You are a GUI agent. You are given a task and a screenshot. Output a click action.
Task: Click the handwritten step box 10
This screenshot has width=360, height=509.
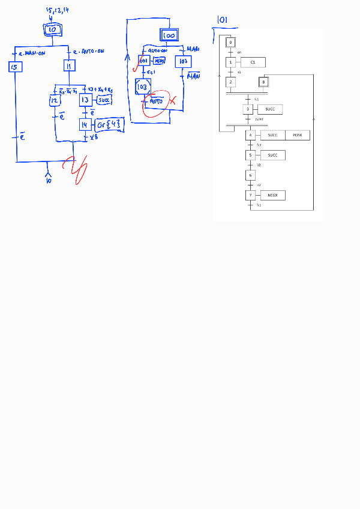(52, 29)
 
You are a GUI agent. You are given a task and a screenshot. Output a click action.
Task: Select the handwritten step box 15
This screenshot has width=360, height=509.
(16, 67)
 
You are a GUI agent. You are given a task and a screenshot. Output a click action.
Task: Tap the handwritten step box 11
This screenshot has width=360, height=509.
(69, 66)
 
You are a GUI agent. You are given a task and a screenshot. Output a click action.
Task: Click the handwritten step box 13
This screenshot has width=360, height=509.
(86, 100)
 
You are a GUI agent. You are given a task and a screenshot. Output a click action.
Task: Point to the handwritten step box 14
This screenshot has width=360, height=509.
(86, 125)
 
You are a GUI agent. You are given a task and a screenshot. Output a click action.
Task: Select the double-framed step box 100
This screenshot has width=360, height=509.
(170, 35)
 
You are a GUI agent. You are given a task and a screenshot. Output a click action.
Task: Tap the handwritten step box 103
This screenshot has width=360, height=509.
(143, 87)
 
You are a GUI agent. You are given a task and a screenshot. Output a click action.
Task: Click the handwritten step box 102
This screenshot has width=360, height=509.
(183, 62)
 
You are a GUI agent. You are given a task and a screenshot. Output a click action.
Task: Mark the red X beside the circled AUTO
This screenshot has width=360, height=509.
(172, 100)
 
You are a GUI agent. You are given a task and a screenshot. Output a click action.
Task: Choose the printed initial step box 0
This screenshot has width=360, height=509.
(230, 43)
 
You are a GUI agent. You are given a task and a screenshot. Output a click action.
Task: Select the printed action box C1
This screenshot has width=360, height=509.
(253, 62)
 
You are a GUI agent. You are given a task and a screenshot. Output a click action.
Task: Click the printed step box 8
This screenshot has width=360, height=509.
(263, 82)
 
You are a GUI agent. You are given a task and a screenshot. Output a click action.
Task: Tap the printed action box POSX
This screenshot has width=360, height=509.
(297, 136)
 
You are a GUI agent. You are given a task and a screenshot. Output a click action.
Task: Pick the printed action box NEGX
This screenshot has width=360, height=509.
(272, 195)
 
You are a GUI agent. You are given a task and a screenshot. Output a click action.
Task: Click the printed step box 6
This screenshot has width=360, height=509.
(250, 175)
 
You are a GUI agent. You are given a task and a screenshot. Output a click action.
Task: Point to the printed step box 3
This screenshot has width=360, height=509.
(248, 109)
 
